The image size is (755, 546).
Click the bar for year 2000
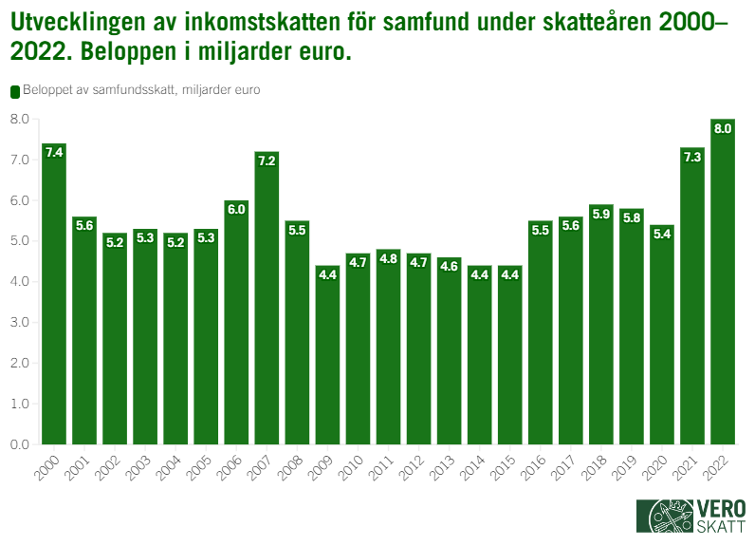point(54,294)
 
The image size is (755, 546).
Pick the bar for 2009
point(327,355)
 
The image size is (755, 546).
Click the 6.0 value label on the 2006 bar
point(236,209)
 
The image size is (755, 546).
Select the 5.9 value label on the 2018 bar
point(601,214)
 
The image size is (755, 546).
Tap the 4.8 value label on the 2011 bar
point(388,258)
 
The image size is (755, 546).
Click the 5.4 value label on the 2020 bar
point(662,234)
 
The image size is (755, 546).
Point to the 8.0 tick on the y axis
point(19,119)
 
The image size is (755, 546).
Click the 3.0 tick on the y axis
point(19,322)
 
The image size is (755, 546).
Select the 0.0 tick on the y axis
point(19,444)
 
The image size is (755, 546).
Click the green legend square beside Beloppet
point(14,90)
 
